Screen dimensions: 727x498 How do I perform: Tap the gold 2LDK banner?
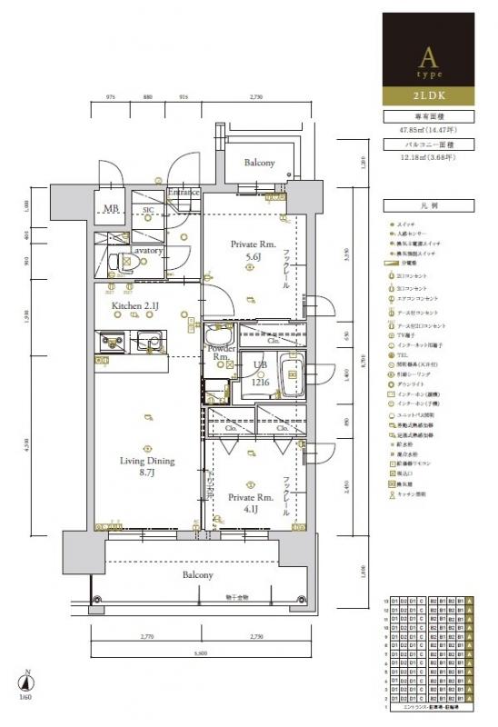click(425, 94)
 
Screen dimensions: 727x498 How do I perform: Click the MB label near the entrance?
click(111, 209)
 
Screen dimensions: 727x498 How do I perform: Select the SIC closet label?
click(147, 210)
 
